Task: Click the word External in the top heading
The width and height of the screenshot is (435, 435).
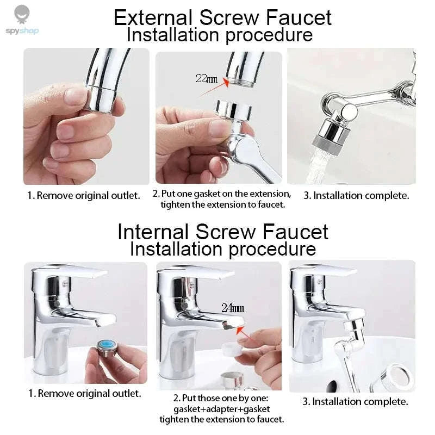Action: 153,17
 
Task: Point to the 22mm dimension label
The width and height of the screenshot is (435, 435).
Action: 206,78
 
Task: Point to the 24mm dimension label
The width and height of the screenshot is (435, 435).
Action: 232,308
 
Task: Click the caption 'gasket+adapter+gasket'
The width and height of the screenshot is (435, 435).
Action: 221,408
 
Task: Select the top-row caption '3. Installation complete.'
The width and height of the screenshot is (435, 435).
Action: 356,195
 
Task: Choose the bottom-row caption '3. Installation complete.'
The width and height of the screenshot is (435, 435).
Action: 355,402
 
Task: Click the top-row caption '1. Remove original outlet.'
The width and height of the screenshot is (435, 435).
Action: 84,195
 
